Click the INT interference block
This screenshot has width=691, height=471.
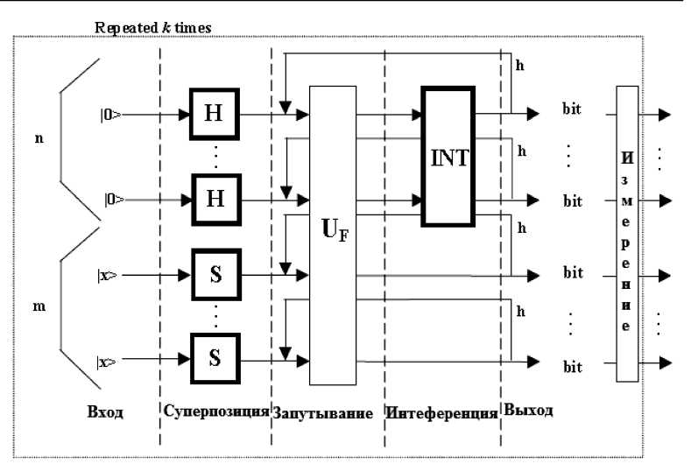(448, 158)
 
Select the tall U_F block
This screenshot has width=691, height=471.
(332, 235)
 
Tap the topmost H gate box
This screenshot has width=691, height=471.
(214, 114)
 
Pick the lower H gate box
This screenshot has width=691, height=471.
(214, 198)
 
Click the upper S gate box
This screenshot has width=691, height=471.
(214, 274)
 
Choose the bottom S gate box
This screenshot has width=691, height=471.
(214, 358)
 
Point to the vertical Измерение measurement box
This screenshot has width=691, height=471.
(626, 233)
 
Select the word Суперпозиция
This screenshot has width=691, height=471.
(215, 411)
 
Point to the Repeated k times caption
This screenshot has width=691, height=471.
(153, 28)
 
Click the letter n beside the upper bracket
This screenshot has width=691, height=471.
(38, 140)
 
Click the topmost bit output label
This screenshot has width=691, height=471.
(572, 111)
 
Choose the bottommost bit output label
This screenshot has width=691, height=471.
(572, 367)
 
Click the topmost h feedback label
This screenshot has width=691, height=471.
(520, 67)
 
